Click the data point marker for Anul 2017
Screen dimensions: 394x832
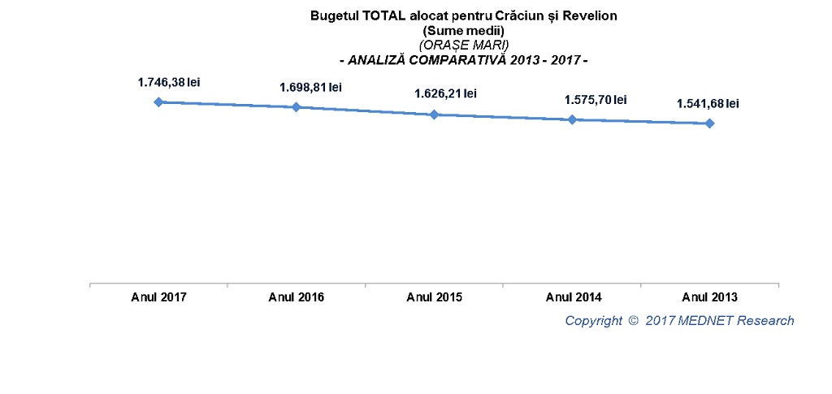[158, 102]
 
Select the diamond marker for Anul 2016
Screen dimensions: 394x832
[296, 106]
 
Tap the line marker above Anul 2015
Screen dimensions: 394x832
[434, 115]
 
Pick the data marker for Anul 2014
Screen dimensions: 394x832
[572, 119]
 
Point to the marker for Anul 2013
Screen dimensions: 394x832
[709, 123]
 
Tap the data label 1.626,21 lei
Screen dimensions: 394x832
[445, 93]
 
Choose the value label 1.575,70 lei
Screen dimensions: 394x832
[596, 100]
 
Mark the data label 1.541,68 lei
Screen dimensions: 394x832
[708, 103]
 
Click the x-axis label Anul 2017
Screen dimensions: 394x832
[158, 297]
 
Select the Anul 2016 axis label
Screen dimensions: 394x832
[296, 297]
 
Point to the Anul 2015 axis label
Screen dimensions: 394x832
[434, 297]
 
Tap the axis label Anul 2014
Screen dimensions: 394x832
[572, 297]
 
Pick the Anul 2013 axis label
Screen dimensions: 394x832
[709, 297]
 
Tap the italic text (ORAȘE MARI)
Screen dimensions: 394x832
[464, 45]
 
